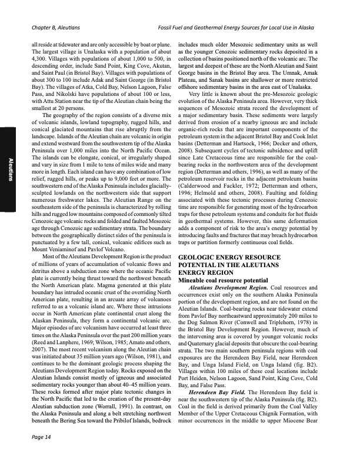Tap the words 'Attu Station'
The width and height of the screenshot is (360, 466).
(x=56, y=104)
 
